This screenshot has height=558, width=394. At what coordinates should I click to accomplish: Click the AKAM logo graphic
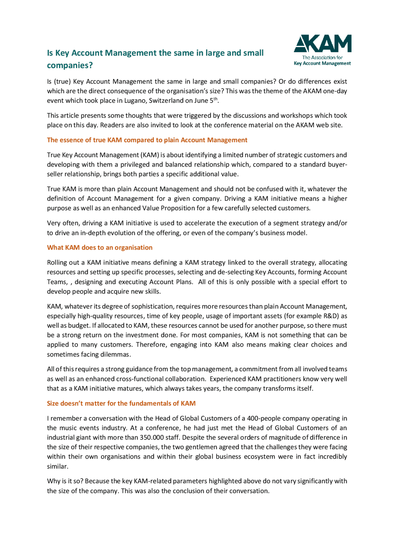pos(323,44)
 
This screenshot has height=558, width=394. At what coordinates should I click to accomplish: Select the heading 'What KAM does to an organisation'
pos(100,248)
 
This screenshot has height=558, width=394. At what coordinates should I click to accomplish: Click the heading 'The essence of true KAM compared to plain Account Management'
pos(147,140)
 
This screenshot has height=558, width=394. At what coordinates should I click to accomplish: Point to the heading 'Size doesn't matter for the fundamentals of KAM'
pos(121,404)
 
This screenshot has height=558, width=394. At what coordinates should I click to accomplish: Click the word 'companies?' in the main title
pos(70,65)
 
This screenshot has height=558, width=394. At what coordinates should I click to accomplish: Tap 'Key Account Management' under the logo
pos(322,63)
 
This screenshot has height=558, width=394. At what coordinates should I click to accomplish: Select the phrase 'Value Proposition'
pos(169,208)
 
